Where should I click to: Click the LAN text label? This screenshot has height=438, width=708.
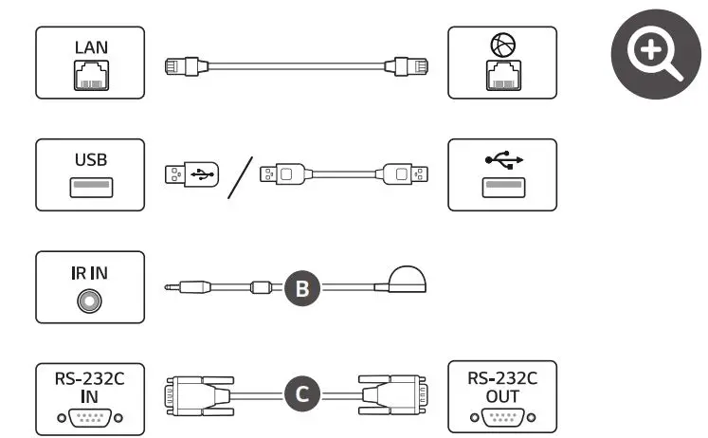pos(90,46)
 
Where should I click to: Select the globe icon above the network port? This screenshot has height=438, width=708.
pos(502,45)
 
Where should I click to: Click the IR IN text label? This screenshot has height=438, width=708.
pos(90,272)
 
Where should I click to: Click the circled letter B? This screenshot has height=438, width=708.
pos(300,287)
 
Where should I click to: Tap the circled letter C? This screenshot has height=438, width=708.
pos(301,393)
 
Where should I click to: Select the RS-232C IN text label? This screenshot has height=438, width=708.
pos(90,387)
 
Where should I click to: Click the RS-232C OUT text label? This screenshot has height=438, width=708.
pos(502,387)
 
